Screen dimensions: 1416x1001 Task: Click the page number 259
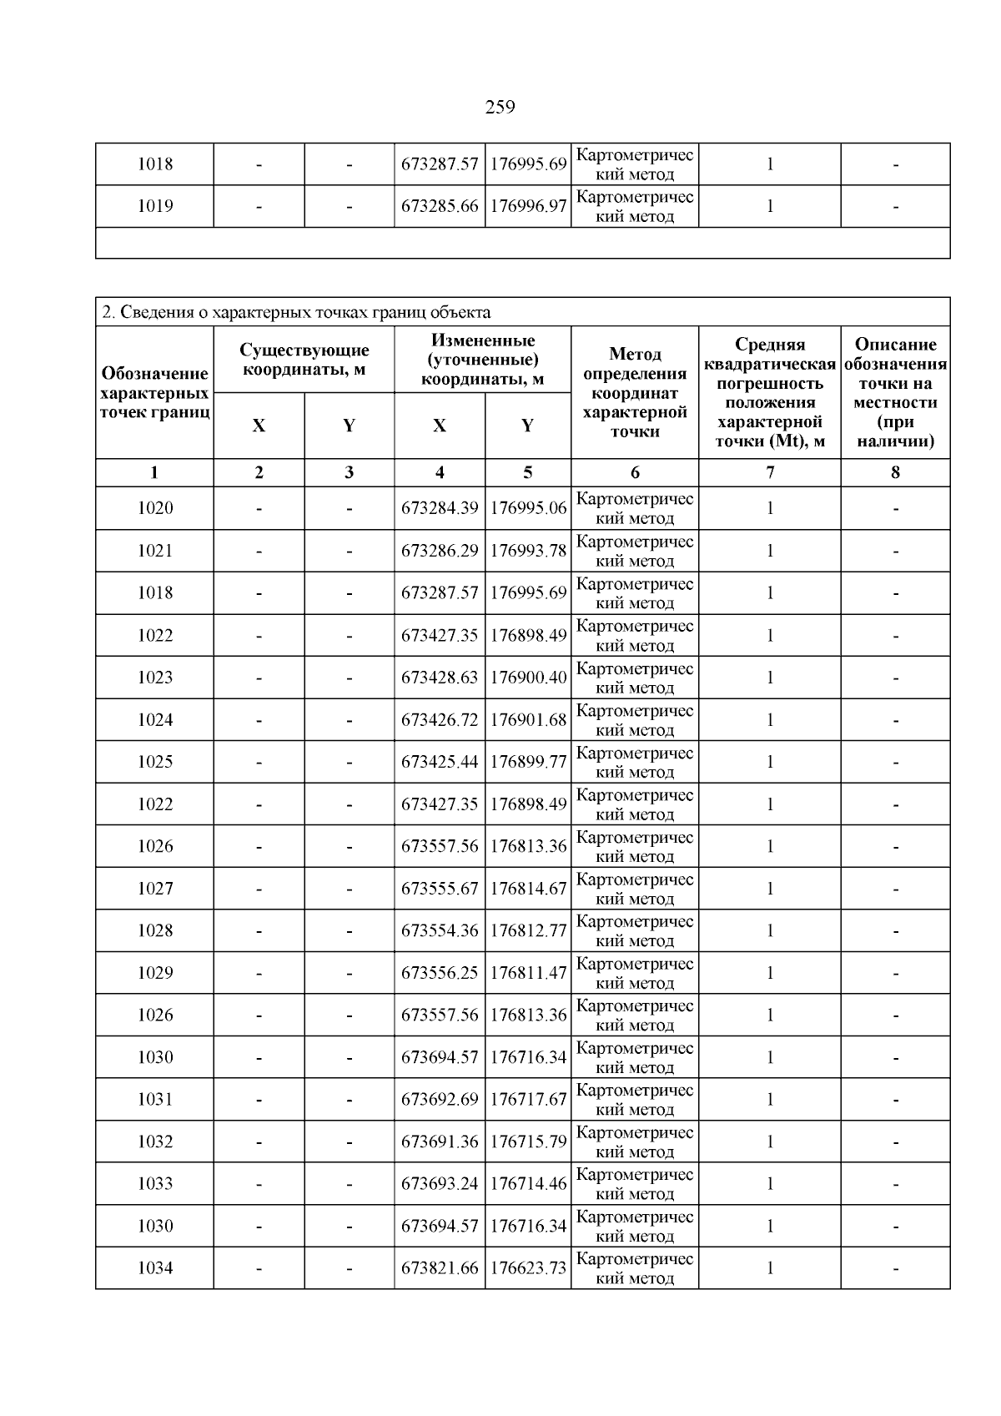point(500,107)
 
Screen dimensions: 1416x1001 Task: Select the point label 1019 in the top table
point(155,206)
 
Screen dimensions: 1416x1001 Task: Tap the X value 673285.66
point(440,206)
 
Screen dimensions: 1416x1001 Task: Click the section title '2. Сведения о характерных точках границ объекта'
point(296,312)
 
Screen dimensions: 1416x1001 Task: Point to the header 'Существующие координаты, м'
point(304,360)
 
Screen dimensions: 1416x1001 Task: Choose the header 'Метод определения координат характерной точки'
point(635,392)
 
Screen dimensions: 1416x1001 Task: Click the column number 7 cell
point(769,472)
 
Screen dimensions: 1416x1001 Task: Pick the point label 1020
point(155,508)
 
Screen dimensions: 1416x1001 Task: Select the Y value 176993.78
point(528,551)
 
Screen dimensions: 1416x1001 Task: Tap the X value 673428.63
point(440,678)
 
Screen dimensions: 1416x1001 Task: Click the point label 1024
point(155,720)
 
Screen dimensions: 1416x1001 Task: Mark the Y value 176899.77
point(528,762)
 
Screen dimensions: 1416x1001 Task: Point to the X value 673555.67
point(440,889)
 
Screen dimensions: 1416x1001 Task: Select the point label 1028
point(155,930)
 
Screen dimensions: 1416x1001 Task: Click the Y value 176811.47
point(528,973)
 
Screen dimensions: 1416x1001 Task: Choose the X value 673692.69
point(440,1100)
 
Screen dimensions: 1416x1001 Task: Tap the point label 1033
point(155,1184)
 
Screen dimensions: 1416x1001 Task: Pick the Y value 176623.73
point(528,1268)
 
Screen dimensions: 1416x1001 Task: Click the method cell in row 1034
point(635,1268)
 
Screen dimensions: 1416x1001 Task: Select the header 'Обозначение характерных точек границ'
point(154,392)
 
